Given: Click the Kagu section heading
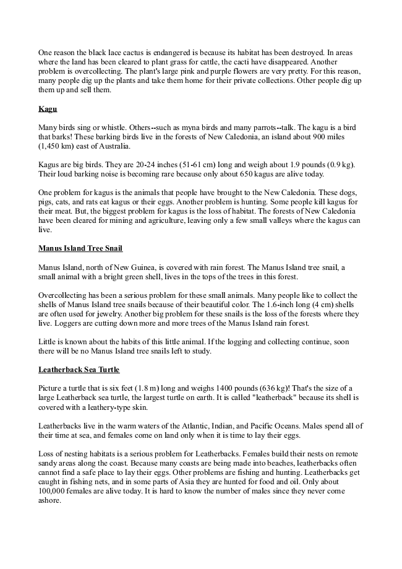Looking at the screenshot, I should (x=48, y=109).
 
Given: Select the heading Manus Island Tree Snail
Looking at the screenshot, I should (x=80, y=248).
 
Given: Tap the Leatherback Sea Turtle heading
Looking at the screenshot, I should (x=79, y=370).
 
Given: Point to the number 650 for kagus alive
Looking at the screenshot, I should (x=241, y=174).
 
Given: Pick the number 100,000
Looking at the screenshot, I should (x=53, y=491).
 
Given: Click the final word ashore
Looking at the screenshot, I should (x=49, y=500).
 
